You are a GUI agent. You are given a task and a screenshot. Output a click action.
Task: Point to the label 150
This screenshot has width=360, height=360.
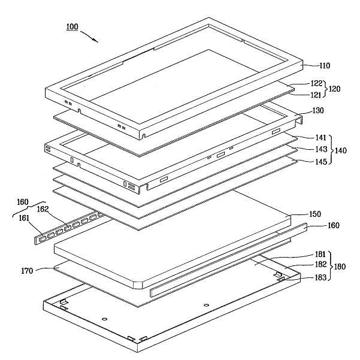pos(314,214)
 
